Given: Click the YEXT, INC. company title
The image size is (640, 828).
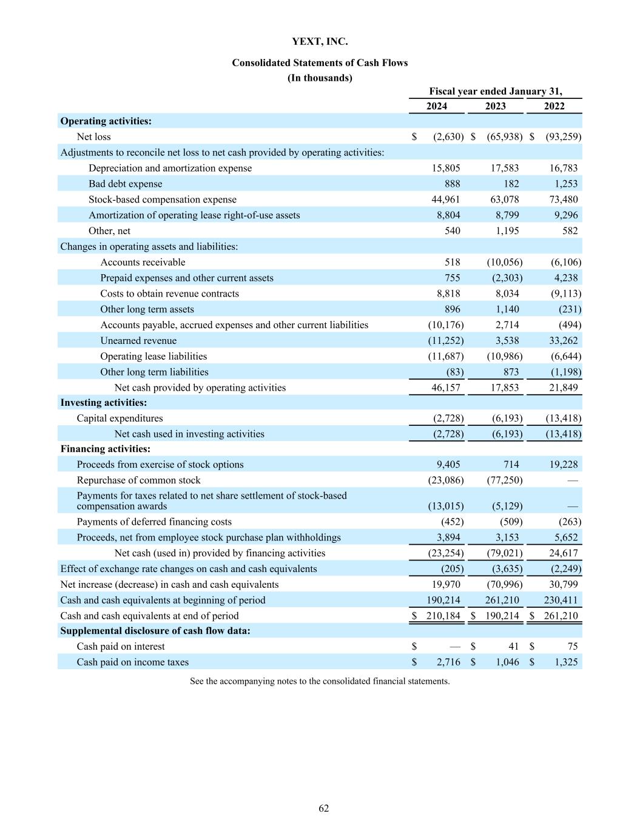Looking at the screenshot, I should point(320,42).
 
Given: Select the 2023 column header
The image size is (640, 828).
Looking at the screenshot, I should point(495,106).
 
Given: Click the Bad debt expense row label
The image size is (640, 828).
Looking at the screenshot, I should point(125,184).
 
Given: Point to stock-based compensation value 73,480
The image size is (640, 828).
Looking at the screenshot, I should point(562,200).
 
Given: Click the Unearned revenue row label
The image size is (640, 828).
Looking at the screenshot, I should point(138,341).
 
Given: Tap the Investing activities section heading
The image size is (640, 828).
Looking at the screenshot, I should point(104,403).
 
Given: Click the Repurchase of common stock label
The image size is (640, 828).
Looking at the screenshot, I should point(138,480).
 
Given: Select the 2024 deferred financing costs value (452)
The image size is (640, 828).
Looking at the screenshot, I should point(452,522).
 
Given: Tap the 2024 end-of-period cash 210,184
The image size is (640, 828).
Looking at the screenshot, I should point(443,616).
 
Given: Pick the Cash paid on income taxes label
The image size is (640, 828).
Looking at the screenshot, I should point(132,662).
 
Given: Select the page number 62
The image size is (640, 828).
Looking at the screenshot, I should point(324,808).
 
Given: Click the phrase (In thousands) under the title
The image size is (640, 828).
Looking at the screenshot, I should point(320,78).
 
